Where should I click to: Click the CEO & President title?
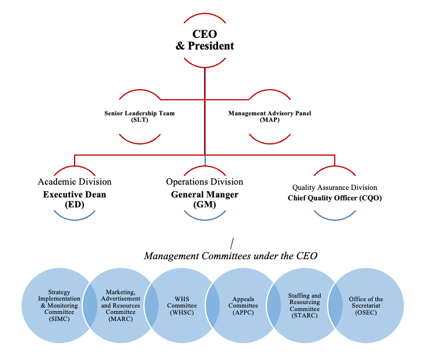point(205,39)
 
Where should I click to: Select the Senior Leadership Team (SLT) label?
point(139,116)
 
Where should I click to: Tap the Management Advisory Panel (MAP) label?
point(269,116)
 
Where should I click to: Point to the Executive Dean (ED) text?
point(75,199)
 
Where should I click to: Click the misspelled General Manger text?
point(205,195)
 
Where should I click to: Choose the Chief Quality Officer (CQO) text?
point(335,198)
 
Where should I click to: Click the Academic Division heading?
point(75,182)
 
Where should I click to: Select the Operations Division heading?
point(205,182)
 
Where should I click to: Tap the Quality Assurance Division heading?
point(335,188)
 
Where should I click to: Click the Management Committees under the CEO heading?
point(230,256)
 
